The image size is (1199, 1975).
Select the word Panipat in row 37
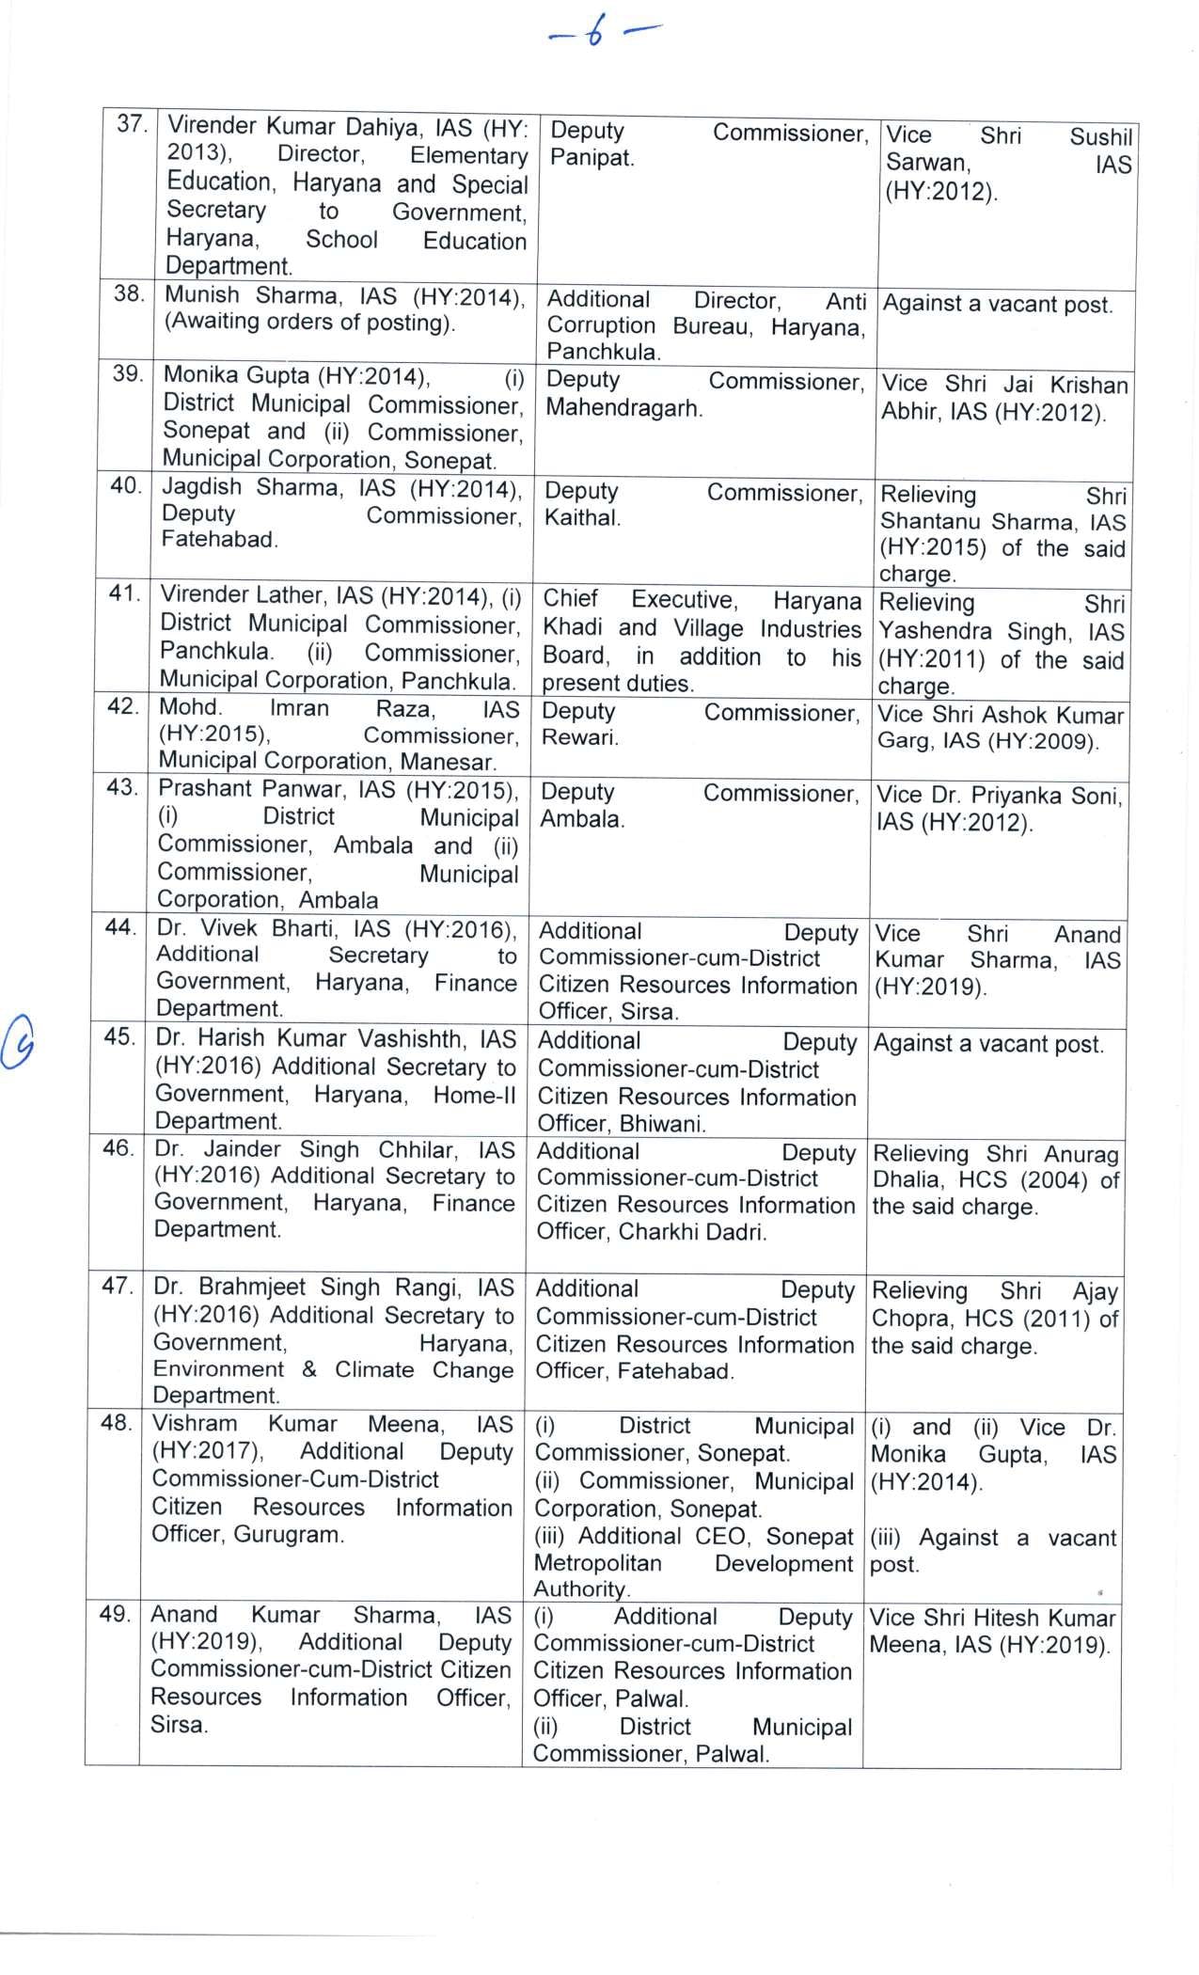point(591,158)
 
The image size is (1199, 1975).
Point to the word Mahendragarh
point(623,409)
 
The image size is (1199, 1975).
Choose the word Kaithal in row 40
point(581,518)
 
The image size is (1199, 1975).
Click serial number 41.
point(125,594)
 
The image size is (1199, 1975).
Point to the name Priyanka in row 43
point(1018,796)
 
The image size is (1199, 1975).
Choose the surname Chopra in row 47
point(904,1319)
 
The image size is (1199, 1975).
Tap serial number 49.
point(114,1614)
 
